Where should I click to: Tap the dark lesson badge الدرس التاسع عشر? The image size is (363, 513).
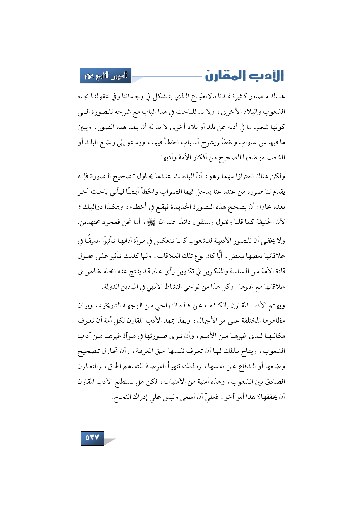[x=106, y=76]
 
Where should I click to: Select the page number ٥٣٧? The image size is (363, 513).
[x=92, y=438]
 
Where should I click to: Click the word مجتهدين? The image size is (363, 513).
[x=90, y=222]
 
